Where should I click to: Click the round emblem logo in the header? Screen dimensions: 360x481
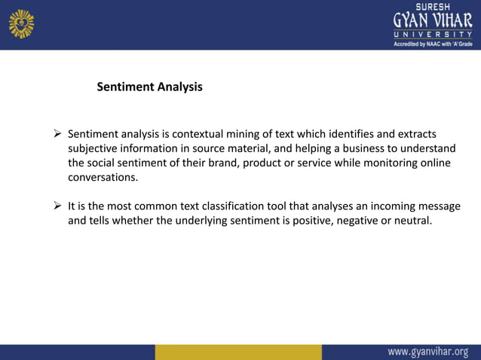21,23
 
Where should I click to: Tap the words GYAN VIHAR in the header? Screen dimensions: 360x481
432,20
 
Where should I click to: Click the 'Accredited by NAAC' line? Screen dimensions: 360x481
432,44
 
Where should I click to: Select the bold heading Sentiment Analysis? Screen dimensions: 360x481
149,87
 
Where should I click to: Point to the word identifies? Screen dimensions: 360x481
351,133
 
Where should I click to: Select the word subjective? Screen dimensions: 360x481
94,148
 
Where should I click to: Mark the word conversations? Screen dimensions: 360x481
103,178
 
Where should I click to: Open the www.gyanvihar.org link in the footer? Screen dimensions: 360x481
427,351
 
